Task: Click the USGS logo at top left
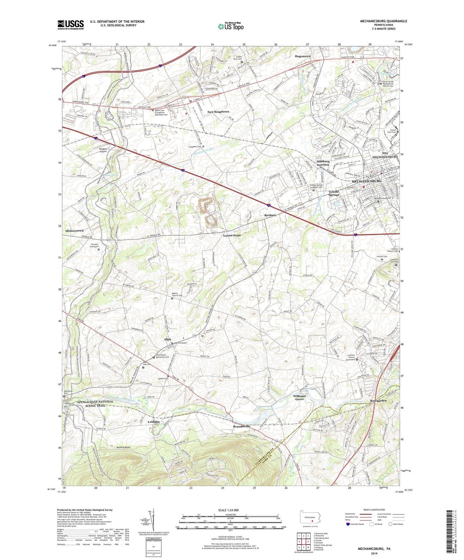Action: (71, 25)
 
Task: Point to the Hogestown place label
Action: (302, 56)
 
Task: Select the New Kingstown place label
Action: (218, 112)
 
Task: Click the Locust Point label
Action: (232, 235)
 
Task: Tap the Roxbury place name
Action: (270, 215)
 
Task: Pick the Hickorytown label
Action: (74, 231)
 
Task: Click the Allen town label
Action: (167, 339)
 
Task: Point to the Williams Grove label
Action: (299, 397)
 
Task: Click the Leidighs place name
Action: (153, 422)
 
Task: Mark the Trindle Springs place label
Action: (334, 193)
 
